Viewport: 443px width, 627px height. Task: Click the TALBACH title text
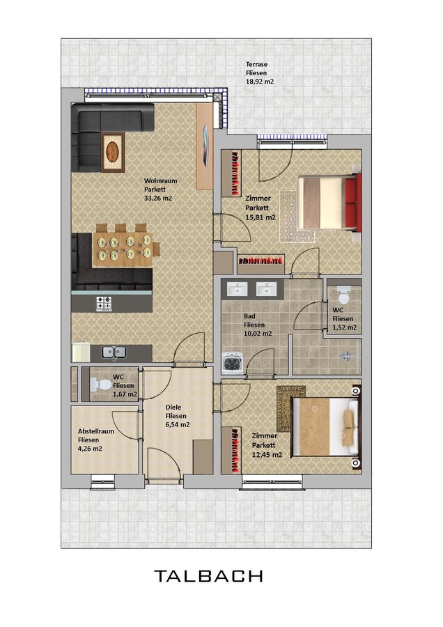pos(208,576)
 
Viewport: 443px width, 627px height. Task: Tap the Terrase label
pos(257,64)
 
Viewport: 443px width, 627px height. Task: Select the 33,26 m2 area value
pos(158,198)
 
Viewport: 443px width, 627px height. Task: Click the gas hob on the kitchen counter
pos(104,304)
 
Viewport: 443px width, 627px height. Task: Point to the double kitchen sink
pos(114,352)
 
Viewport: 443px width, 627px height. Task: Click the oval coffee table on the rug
pos(112,152)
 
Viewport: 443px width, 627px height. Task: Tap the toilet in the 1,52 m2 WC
pos(343,295)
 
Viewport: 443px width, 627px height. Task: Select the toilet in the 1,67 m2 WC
pos(100,385)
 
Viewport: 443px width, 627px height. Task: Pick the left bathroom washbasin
pos(237,288)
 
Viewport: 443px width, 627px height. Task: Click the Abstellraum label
pos(96,431)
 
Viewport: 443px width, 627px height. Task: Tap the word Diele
pos(173,407)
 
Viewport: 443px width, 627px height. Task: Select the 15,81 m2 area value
pos(261,217)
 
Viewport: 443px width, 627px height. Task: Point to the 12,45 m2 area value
pos(267,455)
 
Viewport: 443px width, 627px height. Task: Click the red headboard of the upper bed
pos(352,202)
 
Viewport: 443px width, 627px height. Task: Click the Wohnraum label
pos(161,180)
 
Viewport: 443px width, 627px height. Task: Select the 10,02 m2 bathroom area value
pos(258,334)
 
